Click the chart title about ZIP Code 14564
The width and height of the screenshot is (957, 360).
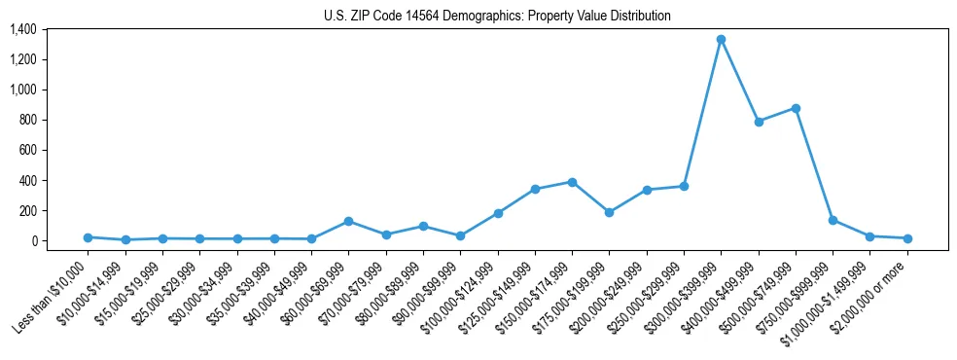pyautogui.click(x=497, y=16)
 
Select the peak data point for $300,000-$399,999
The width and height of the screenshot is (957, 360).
pyautogui.click(x=721, y=40)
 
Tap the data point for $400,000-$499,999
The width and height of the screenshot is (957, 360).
pyautogui.click(x=759, y=122)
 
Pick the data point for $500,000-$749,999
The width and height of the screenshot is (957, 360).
pyautogui.click(x=796, y=108)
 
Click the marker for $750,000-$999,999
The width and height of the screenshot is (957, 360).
pyautogui.click(x=833, y=220)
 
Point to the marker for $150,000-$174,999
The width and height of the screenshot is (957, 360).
pyautogui.click(x=572, y=182)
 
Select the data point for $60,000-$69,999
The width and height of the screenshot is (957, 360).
pyautogui.click(x=348, y=221)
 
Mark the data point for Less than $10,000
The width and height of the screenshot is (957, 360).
pyautogui.click(x=88, y=237)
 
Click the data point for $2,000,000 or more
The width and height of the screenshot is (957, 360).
pyautogui.click(x=907, y=238)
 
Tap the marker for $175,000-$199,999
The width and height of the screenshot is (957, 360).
pyautogui.click(x=609, y=212)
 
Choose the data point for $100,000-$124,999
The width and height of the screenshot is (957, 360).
pyautogui.click(x=498, y=213)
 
